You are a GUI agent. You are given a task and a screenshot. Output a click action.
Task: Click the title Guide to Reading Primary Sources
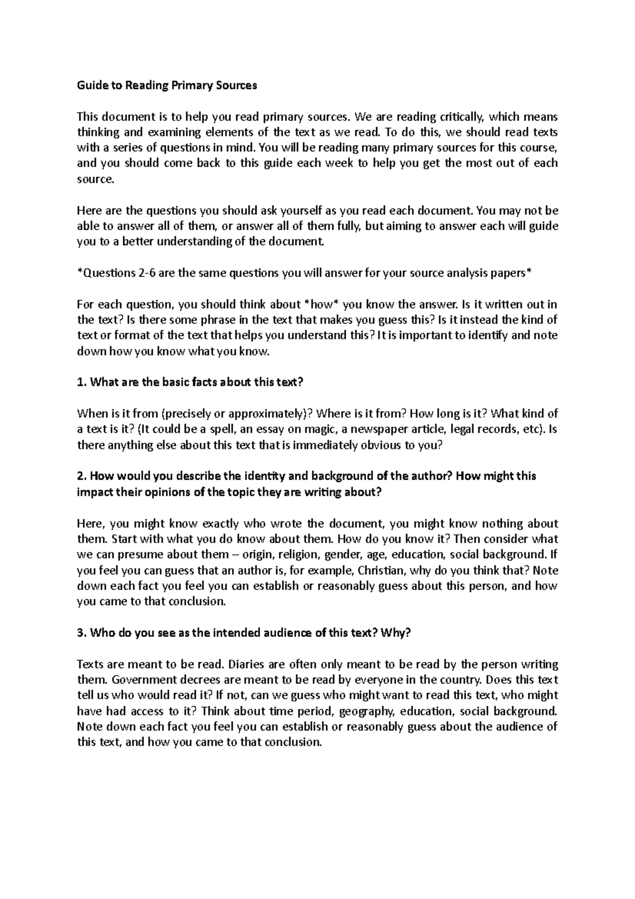pyautogui.click(x=167, y=85)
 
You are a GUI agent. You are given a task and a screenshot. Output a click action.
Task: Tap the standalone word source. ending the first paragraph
pyautogui.click(x=95, y=179)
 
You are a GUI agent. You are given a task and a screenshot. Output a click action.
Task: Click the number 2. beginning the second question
pyautogui.click(x=81, y=476)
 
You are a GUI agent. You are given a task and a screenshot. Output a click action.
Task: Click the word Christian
pyautogui.click(x=381, y=571)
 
